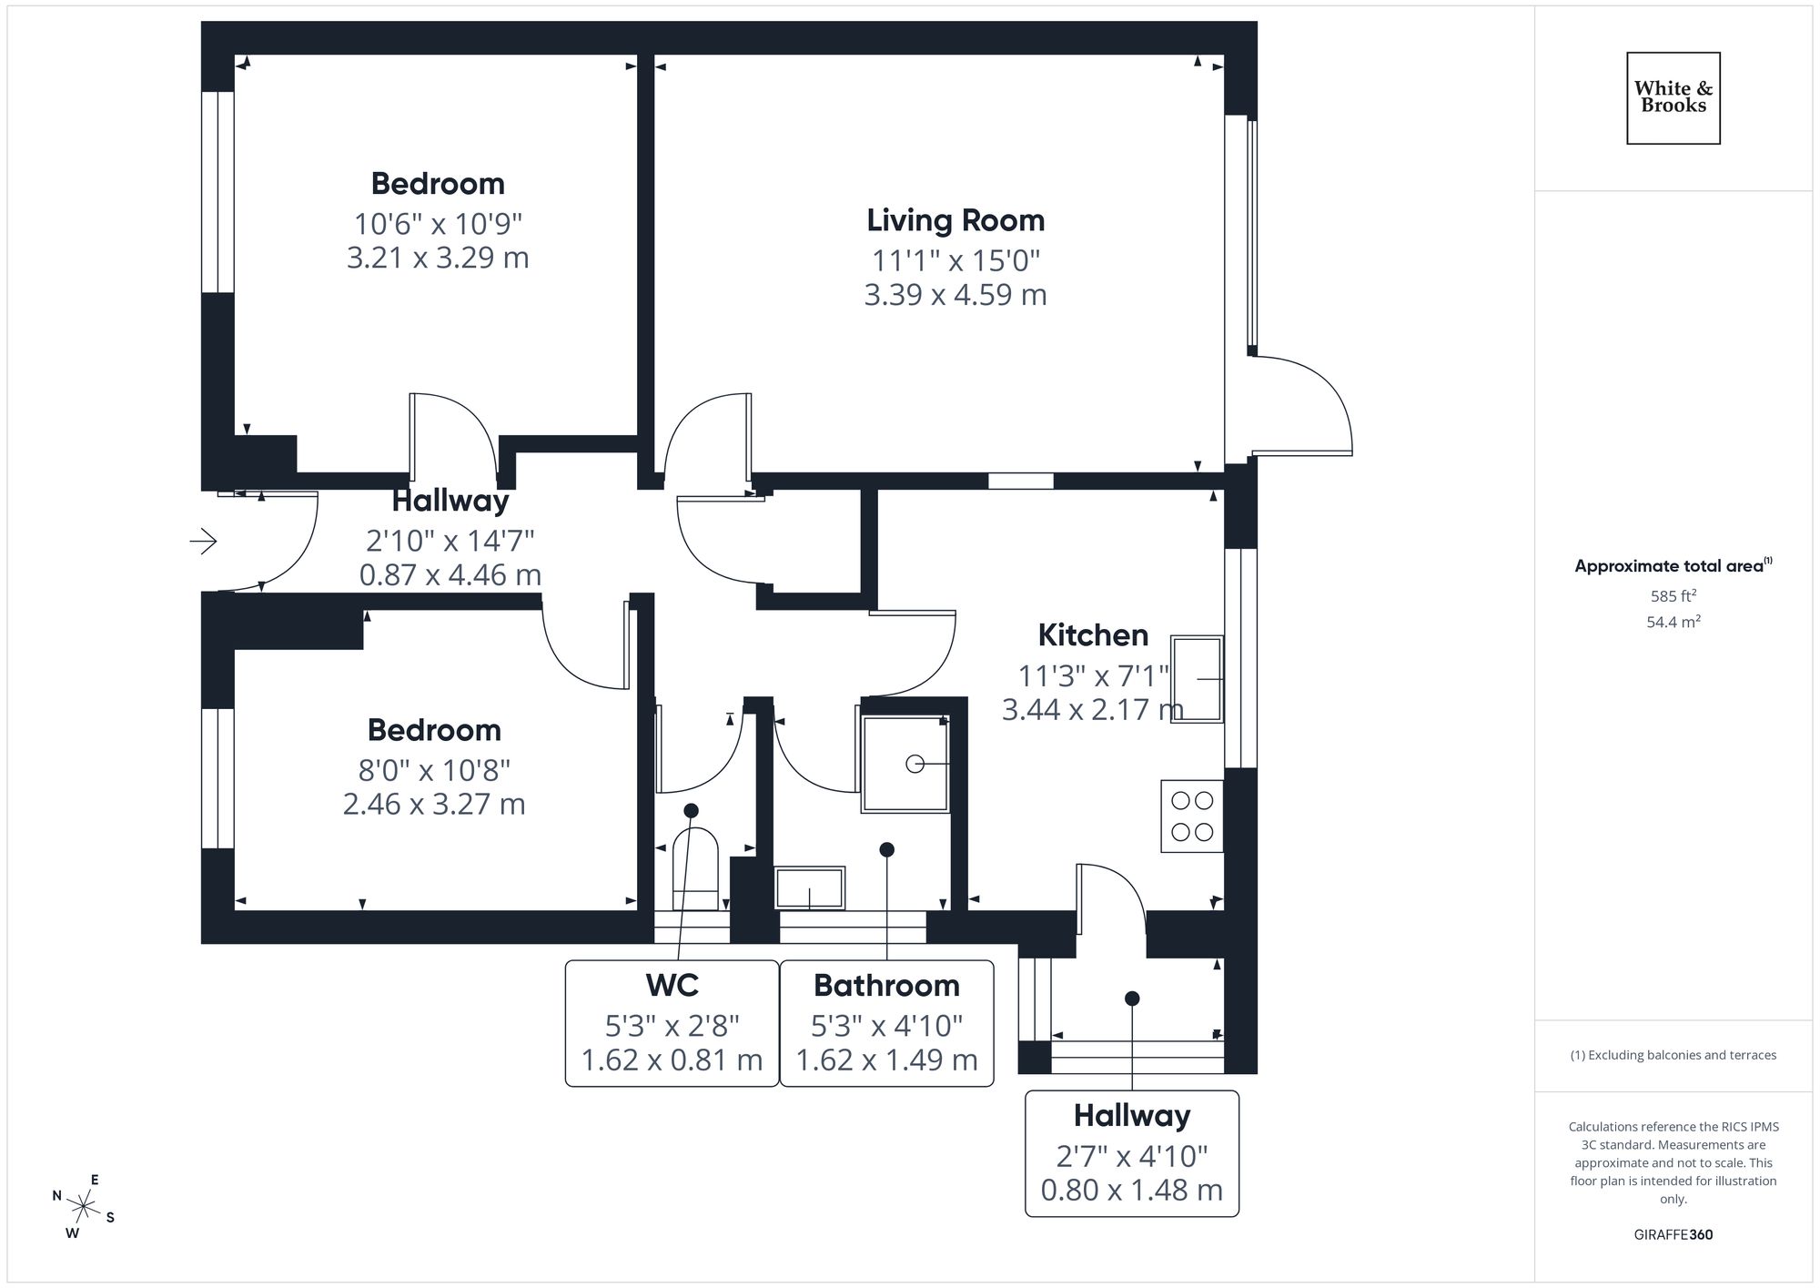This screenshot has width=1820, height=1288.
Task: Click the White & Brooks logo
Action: (1673, 97)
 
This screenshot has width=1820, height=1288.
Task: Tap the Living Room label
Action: (955, 220)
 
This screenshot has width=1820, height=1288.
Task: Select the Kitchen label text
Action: (1093, 634)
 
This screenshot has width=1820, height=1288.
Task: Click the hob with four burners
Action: (1192, 816)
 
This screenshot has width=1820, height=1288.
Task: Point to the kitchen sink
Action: (1197, 679)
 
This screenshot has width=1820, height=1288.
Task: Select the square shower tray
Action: (905, 764)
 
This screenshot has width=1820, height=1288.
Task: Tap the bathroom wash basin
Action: (809, 887)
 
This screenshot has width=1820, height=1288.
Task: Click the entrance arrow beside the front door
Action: (203, 542)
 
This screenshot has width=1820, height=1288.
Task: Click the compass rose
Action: (84, 1208)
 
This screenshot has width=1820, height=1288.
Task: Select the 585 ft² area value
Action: (1673, 596)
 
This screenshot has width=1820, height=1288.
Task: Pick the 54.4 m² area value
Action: (1673, 623)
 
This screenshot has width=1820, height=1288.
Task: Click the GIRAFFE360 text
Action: (1673, 1235)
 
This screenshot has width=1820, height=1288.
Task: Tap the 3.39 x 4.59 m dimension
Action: (955, 295)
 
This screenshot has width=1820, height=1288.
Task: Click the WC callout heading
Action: (672, 985)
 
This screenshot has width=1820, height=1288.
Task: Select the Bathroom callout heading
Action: (886, 985)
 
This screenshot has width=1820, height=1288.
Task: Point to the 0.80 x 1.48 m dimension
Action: (1131, 1190)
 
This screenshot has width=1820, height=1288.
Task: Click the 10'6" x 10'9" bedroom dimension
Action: (438, 223)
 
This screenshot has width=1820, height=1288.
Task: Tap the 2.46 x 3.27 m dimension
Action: (434, 805)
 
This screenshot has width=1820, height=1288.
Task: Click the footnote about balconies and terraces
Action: (1673, 1055)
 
